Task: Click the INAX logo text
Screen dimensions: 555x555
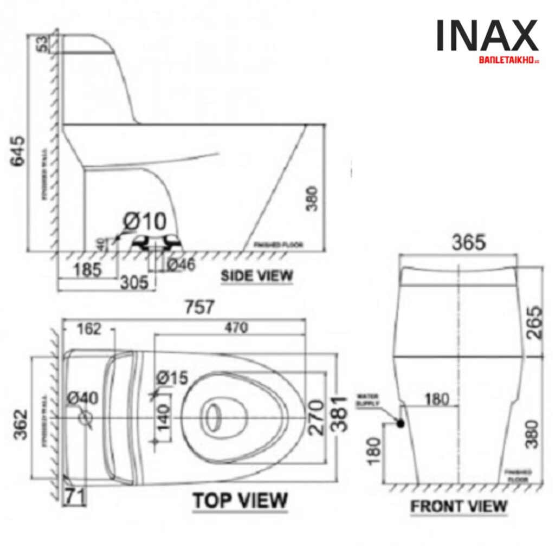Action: pyautogui.click(x=487, y=37)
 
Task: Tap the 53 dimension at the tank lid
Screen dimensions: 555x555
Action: pyautogui.click(x=42, y=43)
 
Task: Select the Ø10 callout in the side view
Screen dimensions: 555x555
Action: pyautogui.click(x=145, y=222)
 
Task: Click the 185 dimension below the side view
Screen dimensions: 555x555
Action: pyautogui.click(x=86, y=269)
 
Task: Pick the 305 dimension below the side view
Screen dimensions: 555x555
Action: pyautogui.click(x=134, y=281)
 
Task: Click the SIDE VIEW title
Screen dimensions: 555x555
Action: pyautogui.click(x=257, y=276)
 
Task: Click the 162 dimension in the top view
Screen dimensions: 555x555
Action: pyautogui.click(x=89, y=329)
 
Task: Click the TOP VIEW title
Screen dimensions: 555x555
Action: pyautogui.click(x=241, y=500)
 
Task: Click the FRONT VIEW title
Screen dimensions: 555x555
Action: pyautogui.click(x=459, y=507)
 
